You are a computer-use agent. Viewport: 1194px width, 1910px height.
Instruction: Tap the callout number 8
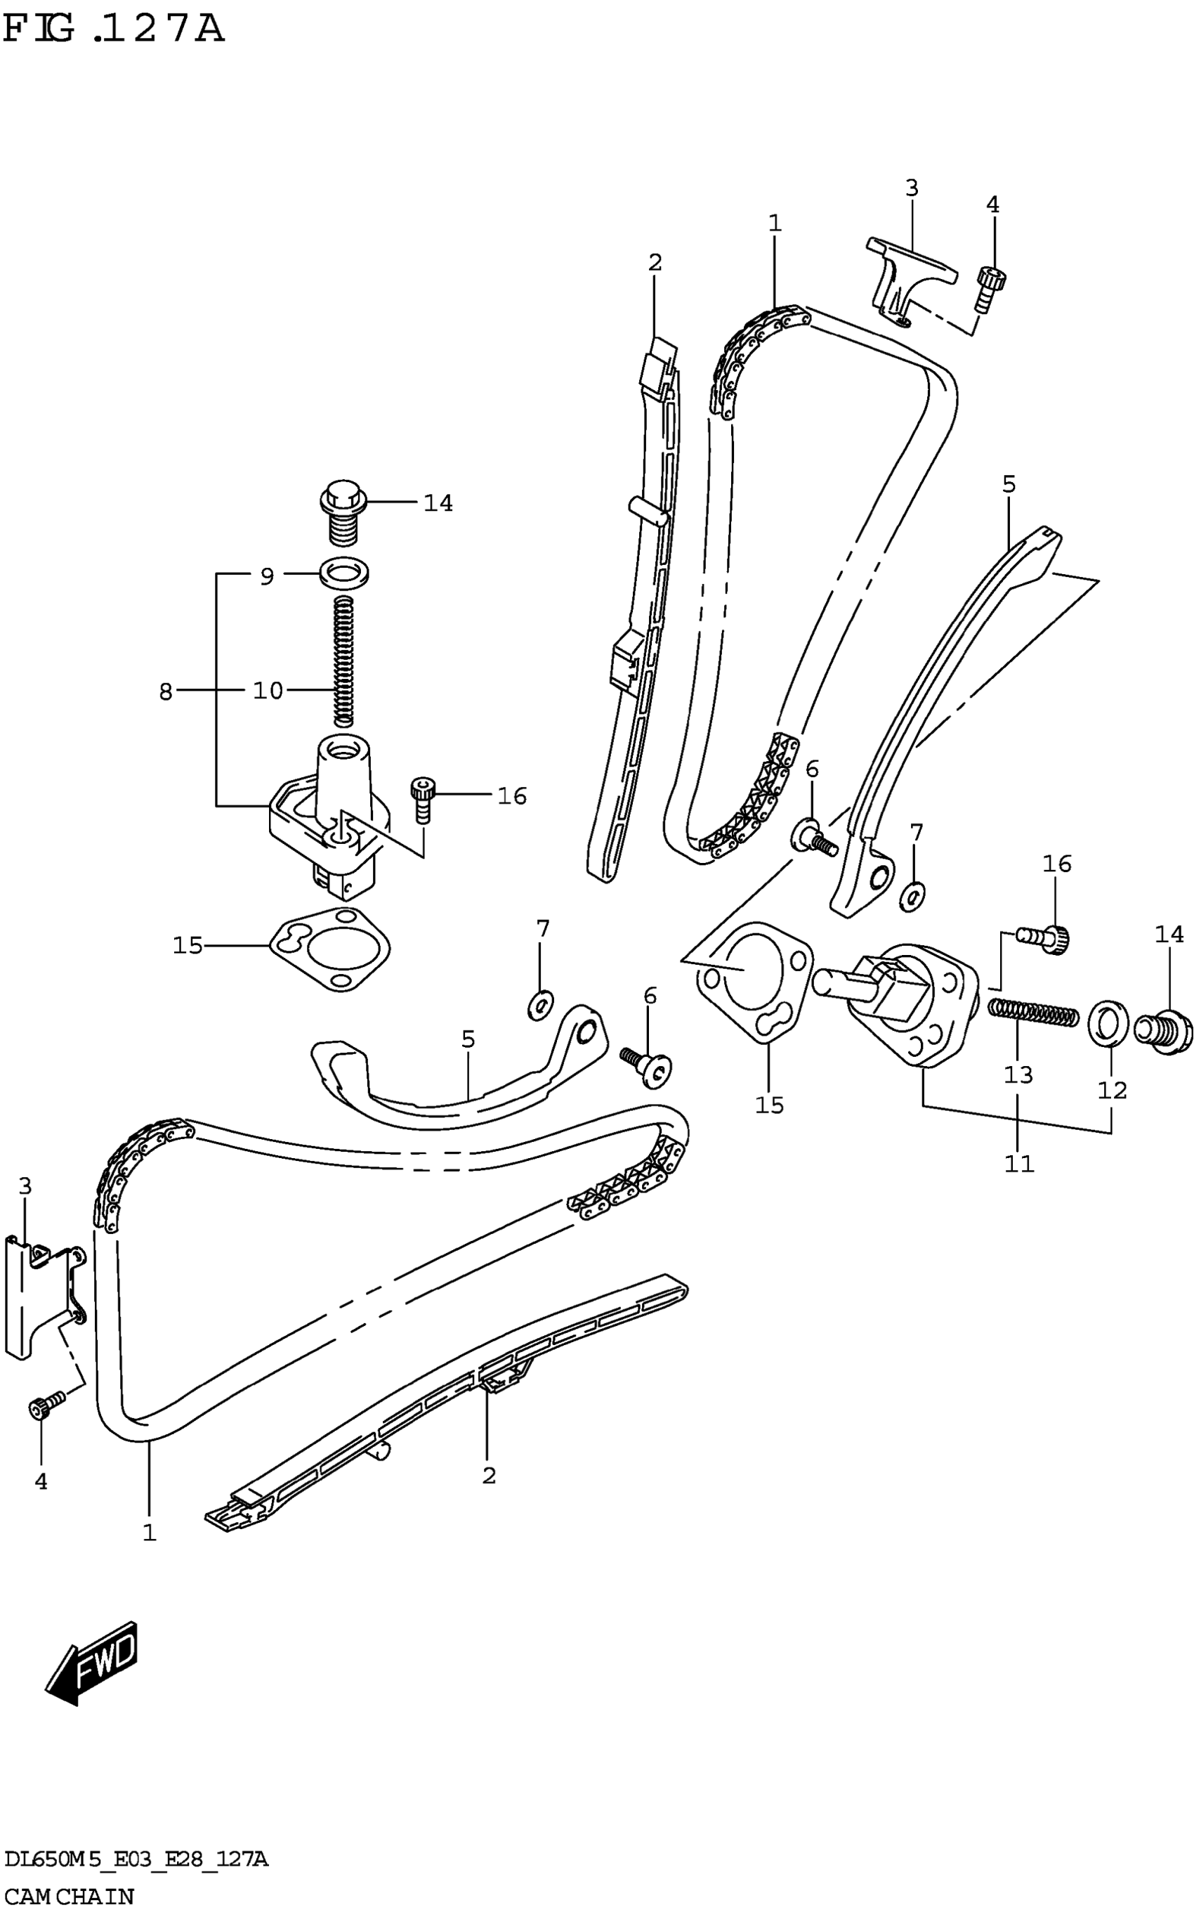coord(165,692)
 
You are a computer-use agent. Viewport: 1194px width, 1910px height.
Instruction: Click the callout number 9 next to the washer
coord(267,577)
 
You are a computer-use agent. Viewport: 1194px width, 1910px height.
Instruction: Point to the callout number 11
coord(1018,1163)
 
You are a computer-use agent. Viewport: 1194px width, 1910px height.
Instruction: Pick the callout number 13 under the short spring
coord(1018,1074)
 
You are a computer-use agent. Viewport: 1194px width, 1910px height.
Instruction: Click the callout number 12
coord(1112,1090)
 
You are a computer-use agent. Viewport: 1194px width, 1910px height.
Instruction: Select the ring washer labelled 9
coord(346,571)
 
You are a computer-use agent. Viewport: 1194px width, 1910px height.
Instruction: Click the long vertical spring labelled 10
coord(343,661)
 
